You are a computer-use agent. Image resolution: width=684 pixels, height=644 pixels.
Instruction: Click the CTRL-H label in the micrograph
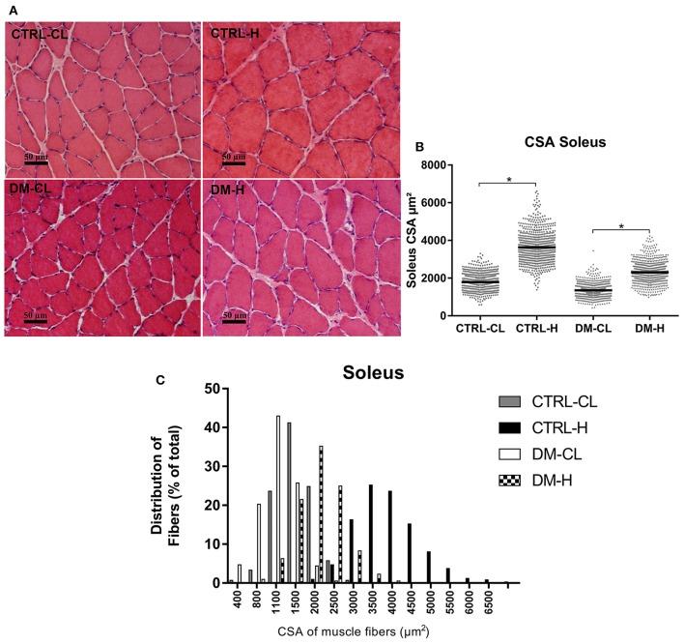[x=237, y=35]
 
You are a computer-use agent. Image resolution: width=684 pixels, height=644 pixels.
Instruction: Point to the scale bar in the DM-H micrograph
[x=233, y=322]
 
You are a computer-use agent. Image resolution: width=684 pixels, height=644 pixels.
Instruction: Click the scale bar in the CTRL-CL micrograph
[x=36, y=161]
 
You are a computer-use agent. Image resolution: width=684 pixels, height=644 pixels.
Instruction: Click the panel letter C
[x=162, y=380]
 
